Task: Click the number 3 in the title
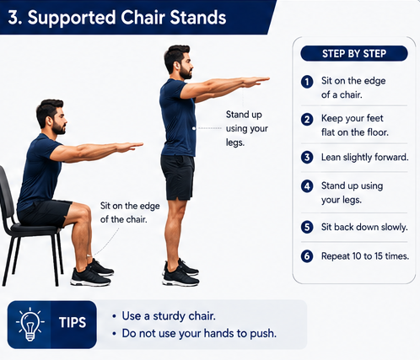coord(13,18)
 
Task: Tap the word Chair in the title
coord(143,18)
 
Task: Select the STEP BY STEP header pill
coord(354,53)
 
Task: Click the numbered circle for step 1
coord(307,82)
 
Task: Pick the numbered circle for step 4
coord(307,186)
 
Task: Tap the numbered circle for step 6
coord(307,256)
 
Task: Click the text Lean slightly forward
coord(365,158)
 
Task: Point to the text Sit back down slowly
coord(364,227)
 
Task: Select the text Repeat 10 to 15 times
coord(365,256)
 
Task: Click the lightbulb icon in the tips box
coord(30,325)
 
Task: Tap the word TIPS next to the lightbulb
coord(73,322)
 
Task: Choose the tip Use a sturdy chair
coord(169,316)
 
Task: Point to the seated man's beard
coord(59,128)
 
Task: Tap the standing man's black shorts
coord(178,177)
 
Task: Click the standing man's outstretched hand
coord(255,82)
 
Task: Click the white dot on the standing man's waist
coord(194,128)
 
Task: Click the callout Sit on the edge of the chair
coord(130,212)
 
